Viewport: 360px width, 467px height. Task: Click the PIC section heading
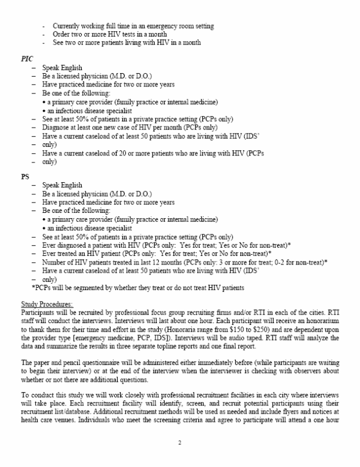click(x=27, y=59)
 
